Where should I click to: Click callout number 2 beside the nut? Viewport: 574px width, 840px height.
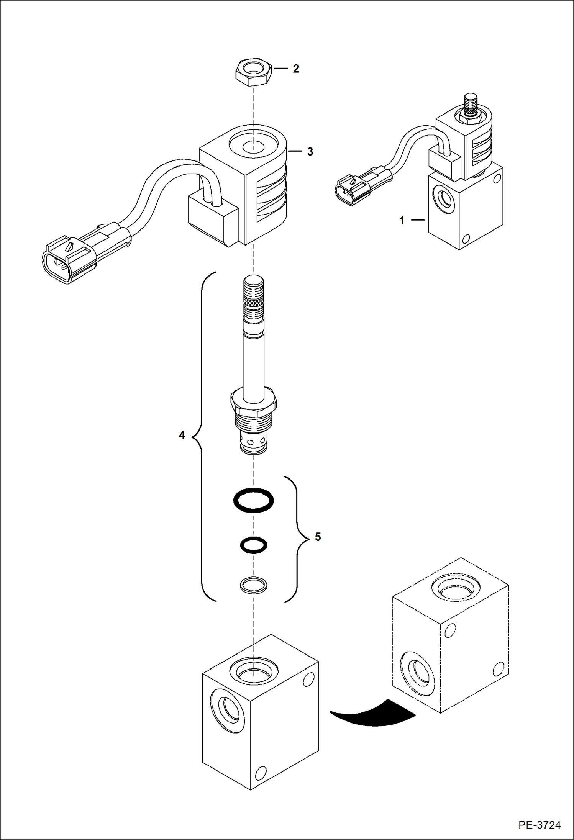click(x=296, y=69)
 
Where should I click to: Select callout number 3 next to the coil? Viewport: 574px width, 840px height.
click(x=310, y=152)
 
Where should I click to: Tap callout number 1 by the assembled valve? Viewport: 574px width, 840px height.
click(x=402, y=221)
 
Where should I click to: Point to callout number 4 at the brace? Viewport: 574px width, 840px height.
click(x=182, y=435)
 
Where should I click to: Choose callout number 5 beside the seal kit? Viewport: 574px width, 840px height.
click(x=318, y=537)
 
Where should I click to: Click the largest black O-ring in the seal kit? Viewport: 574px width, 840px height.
click(x=253, y=500)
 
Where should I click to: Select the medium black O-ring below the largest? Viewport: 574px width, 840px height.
click(x=253, y=545)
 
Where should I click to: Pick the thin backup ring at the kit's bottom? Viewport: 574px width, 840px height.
click(x=253, y=585)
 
